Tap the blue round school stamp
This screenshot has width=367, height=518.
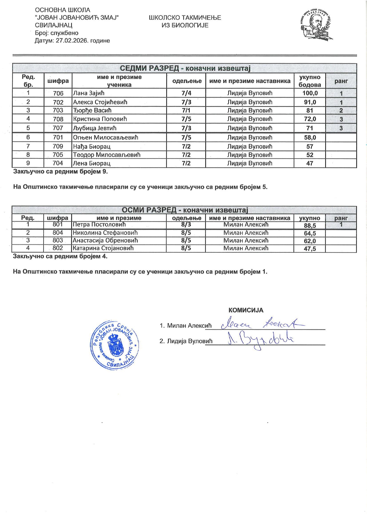pyautogui.click(x=115, y=345)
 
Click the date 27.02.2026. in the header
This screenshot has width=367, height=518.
pyautogui.click(x=72, y=41)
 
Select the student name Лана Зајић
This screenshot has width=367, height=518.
pyautogui.click(x=89, y=93)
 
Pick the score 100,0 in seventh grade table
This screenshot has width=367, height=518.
pyautogui.click(x=310, y=93)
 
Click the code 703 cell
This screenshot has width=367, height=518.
pyautogui.click(x=58, y=111)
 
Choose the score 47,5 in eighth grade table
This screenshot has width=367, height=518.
pyautogui.click(x=310, y=249)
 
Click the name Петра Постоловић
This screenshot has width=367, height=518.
pyautogui.click(x=99, y=225)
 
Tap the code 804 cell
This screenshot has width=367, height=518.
pyautogui.click(x=58, y=233)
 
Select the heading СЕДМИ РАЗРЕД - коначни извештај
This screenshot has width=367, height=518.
pyautogui.click(x=185, y=69)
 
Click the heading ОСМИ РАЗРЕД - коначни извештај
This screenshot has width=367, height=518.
pyautogui.click(x=184, y=210)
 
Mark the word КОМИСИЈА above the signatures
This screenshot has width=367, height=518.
pyautogui.click(x=246, y=310)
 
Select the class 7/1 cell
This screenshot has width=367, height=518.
pyautogui.click(x=186, y=111)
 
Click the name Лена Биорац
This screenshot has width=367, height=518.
pyautogui.click(x=92, y=163)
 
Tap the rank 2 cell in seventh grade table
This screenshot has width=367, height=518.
pyautogui.click(x=341, y=111)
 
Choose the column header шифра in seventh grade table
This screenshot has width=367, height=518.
pyautogui.click(x=58, y=81)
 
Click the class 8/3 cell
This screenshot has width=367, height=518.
pyautogui.click(x=186, y=225)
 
